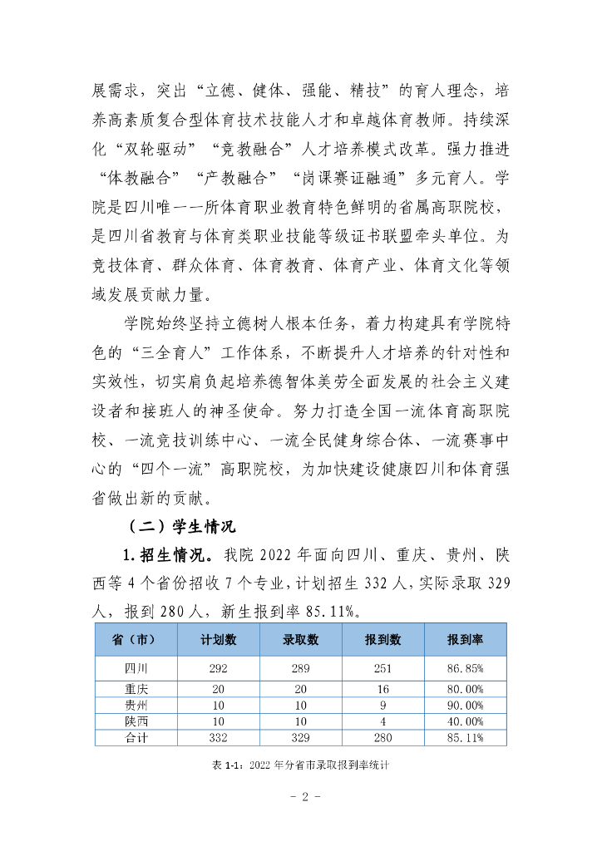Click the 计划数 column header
pyautogui.click(x=219, y=640)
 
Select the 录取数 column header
pyautogui.click(x=301, y=640)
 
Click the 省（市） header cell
pyautogui.click(x=135, y=640)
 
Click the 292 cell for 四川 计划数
pyautogui.click(x=219, y=667)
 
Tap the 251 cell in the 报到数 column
pyautogui.click(x=382, y=667)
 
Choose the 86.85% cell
pyautogui.click(x=466, y=667)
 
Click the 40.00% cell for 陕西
pyautogui.click(x=466, y=721)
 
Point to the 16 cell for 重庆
pyautogui.click(x=382, y=688)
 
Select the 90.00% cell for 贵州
pyautogui.click(x=466, y=705)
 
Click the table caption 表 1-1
pyautogui.click(x=301, y=766)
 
